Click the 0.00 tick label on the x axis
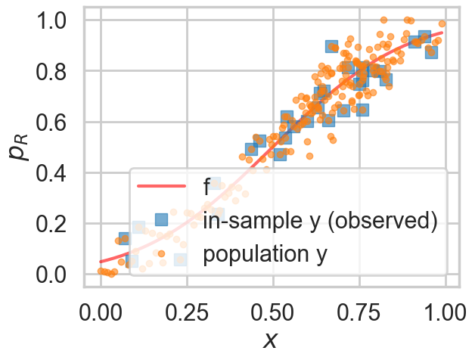[100, 312]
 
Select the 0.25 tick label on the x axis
[186, 312]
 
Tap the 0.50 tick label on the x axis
[273, 312]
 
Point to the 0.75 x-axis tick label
[359, 312]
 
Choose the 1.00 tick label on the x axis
[445, 312]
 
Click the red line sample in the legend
[160, 186]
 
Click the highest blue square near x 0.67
[331, 47]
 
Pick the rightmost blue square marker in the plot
[431, 51]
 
